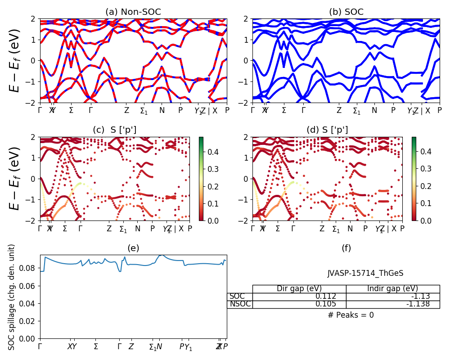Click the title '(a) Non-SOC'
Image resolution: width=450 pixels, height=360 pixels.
pyautogui.click(x=133, y=12)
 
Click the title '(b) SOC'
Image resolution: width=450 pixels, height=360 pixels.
pyautogui.click(x=346, y=12)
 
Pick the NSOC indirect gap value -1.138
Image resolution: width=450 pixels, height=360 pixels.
pyautogui.click(x=418, y=304)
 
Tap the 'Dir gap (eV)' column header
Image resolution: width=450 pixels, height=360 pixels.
pyautogui.click(x=299, y=289)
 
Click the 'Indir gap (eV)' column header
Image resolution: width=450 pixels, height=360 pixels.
pyautogui.click(x=392, y=289)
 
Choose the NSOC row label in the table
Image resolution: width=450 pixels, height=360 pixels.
pyautogui.click(x=240, y=304)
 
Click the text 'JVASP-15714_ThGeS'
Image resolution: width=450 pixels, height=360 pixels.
pyautogui.click(x=365, y=273)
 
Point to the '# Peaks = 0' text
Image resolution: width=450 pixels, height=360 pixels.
pyautogui.click(x=351, y=315)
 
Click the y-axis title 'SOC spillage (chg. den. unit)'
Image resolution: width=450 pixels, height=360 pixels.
pyautogui.click(x=12, y=297)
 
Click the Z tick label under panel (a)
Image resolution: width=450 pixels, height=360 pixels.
pyautogui.click(x=127, y=110)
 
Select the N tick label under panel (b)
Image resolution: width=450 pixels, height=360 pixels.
pyautogui.click(x=374, y=110)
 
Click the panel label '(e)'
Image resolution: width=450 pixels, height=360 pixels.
pyautogui.click(x=133, y=248)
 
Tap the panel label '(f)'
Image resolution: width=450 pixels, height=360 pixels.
pyautogui.click(x=346, y=248)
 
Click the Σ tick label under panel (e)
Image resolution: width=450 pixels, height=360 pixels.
pyautogui.click(x=96, y=346)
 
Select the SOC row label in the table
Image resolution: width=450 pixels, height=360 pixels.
pyautogui.click(x=237, y=297)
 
